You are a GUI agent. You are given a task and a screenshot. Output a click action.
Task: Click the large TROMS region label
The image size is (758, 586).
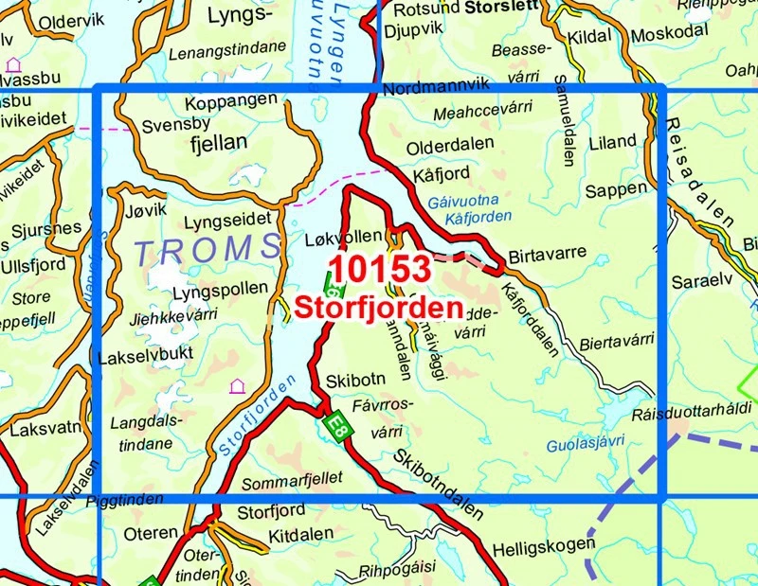pyautogui.click(x=207, y=250)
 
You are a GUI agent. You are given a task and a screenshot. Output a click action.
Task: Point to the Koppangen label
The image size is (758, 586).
pyautogui.click(x=232, y=99)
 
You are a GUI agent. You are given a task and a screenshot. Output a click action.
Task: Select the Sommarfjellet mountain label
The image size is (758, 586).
pyautogui.click(x=293, y=481)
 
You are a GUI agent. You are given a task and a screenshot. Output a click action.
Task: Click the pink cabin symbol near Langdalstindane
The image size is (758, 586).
pyautogui.click(x=236, y=386)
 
